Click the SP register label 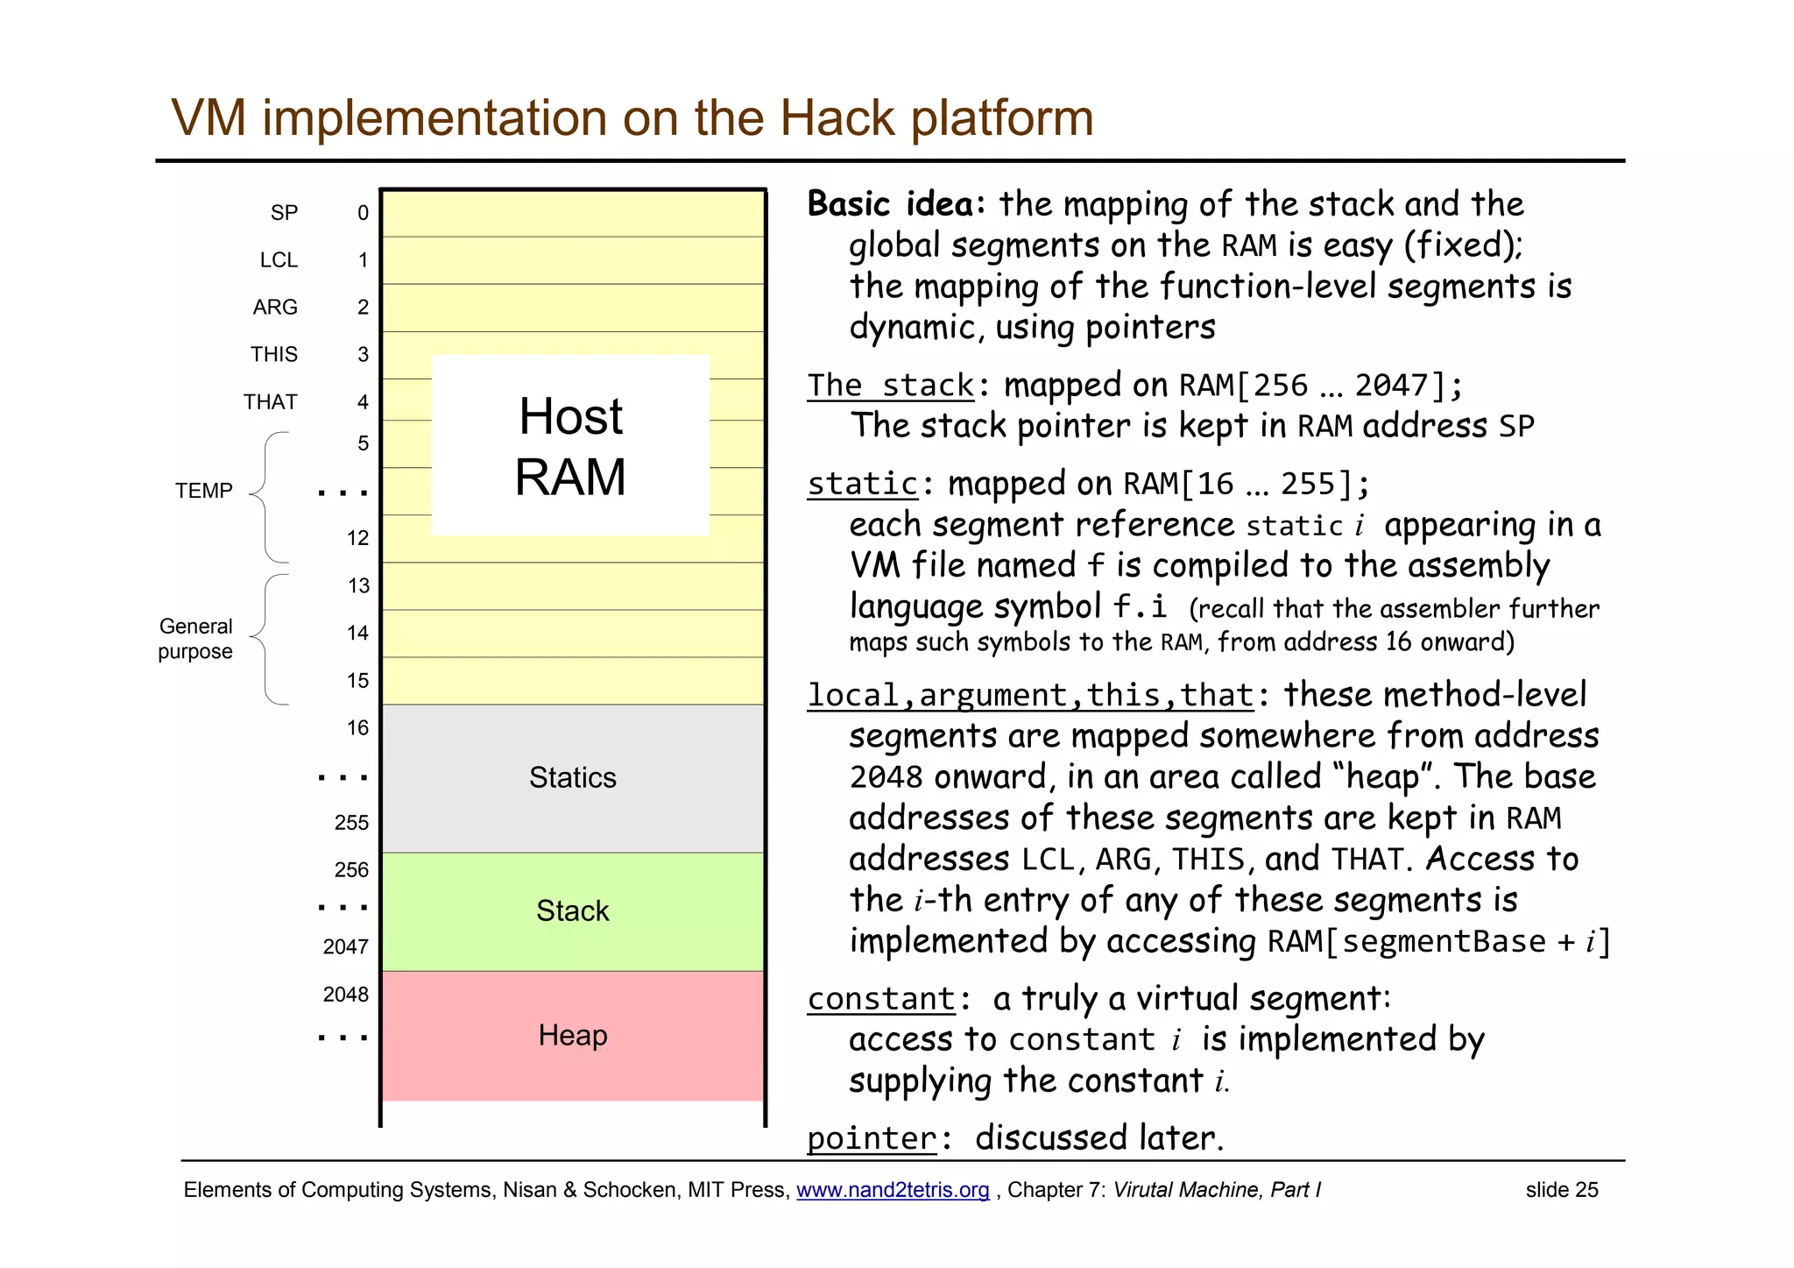pyautogui.click(x=284, y=213)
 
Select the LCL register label pyautogui.click(x=279, y=260)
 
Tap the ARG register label pyautogui.click(x=275, y=308)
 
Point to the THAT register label pyautogui.click(x=271, y=402)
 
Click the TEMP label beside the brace pyautogui.click(x=203, y=491)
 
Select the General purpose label pyautogui.click(x=195, y=639)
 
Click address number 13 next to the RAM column pyautogui.click(x=358, y=585)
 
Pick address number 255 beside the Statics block pyautogui.click(x=351, y=822)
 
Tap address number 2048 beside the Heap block pyautogui.click(x=346, y=995)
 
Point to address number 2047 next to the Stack pyautogui.click(x=346, y=947)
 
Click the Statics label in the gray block pyautogui.click(x=573, y=777)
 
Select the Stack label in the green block pyautogui.click(x=573, y=911)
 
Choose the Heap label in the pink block pyautogui.click(x=573, y=1036)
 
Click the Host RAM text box pyautogui.click(x=570, y=445)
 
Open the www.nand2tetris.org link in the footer pyautogui.click(x=893, y=1190)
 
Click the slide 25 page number pyautogui.click(x=1561, y=1190)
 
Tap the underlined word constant pyautogui.click(x=881, y=999)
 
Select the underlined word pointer pyautogui.click(x=872, y=1138)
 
